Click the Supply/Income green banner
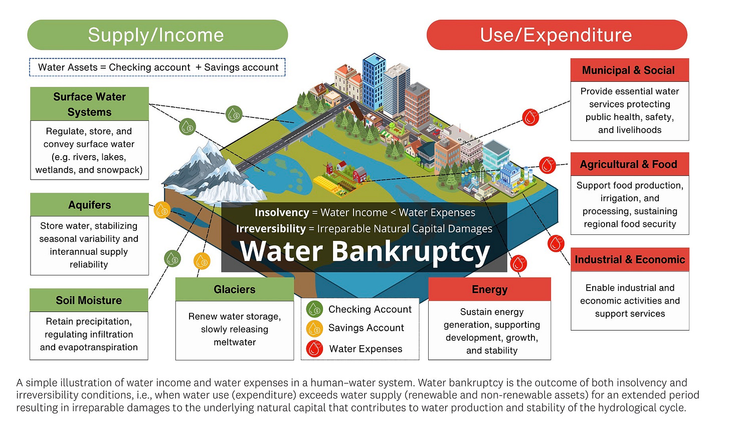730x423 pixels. (157, 35)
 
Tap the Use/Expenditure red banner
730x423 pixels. (557, 35)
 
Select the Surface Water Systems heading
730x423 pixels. (90, 104)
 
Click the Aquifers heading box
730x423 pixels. (90, 205)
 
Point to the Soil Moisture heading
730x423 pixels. (89, 300)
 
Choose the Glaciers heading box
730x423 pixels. (235, 290)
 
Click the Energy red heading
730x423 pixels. (489, 290)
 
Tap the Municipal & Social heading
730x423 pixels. (629, 70)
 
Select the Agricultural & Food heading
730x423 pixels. (629, 164)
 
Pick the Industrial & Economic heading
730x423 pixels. (630, 259)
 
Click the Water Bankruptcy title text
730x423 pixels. (364, 251)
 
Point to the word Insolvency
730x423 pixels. (281, 212)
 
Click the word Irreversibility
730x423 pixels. (271, 229)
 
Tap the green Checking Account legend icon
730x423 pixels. (314, 309)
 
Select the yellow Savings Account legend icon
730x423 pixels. (314, 328)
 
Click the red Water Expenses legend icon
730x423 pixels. (314, 349)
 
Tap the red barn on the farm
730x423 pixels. (360, 175)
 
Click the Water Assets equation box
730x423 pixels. (157, 67)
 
